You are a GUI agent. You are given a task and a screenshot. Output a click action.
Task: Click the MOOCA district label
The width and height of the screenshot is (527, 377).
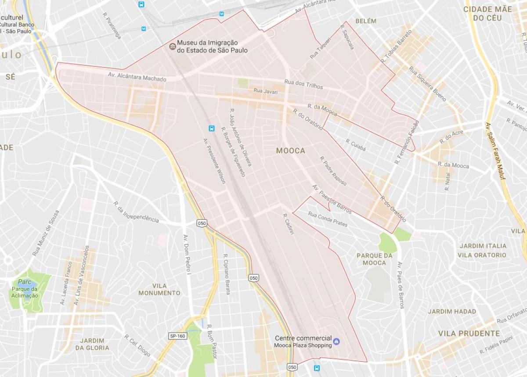(x=290, y=151)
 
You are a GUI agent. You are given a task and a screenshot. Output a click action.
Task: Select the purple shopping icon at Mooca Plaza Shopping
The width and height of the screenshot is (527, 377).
(x=336, y=341)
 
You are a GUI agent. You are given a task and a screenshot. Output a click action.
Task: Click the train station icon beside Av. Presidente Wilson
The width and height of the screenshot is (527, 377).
(x=212, y=128)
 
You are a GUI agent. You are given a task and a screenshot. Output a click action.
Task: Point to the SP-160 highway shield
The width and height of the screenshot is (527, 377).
(x=177, y=336)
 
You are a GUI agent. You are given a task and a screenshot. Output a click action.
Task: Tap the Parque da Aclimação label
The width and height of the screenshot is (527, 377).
(x=25, y=292)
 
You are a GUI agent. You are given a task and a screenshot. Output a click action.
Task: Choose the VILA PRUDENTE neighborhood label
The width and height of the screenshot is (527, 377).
(x=469, y=334)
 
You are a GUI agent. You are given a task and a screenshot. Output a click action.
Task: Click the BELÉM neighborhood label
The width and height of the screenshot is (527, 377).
(x=366, y=21)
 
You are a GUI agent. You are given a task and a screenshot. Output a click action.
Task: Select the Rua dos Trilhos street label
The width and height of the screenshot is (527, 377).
(x=303, y=84)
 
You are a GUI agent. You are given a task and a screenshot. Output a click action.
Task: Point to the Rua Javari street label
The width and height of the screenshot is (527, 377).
(x=265, y=91)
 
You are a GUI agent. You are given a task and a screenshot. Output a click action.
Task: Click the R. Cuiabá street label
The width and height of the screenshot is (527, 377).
(x=355, y=145)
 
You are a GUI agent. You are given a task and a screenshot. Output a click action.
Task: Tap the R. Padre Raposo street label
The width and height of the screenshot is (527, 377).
(x=333, y=171)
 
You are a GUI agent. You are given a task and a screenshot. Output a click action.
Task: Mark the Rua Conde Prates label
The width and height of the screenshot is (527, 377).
(x=328, y=219)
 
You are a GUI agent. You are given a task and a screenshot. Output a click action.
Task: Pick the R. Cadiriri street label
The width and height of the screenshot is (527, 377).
(x=288, y=226)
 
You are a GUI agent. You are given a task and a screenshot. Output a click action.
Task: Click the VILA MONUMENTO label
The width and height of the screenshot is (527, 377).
(x=159, y=289)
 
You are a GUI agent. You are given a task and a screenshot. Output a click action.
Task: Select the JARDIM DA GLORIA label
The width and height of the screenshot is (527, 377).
(x=92, y=344)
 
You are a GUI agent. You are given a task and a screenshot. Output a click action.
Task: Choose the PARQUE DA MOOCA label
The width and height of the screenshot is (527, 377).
(x=374, y=259)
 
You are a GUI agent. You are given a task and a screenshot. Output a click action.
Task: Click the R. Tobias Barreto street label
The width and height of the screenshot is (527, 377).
(x=397, y=46)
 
